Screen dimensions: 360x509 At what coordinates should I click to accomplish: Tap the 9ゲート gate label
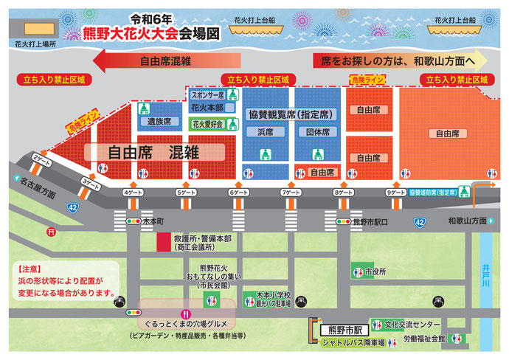pyautogui.click(x=395, y=193)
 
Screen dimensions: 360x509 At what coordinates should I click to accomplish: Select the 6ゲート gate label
pyautogui.click(x=238, y=193)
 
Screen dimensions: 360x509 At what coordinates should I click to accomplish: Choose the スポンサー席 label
pyautogui.click(x=207, y=95)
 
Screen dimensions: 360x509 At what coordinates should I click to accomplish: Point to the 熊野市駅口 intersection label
pyautogui.click(x=369, y=221)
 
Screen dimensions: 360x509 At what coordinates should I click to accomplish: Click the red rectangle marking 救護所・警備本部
pyautogui.click(x=164, y=242)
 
